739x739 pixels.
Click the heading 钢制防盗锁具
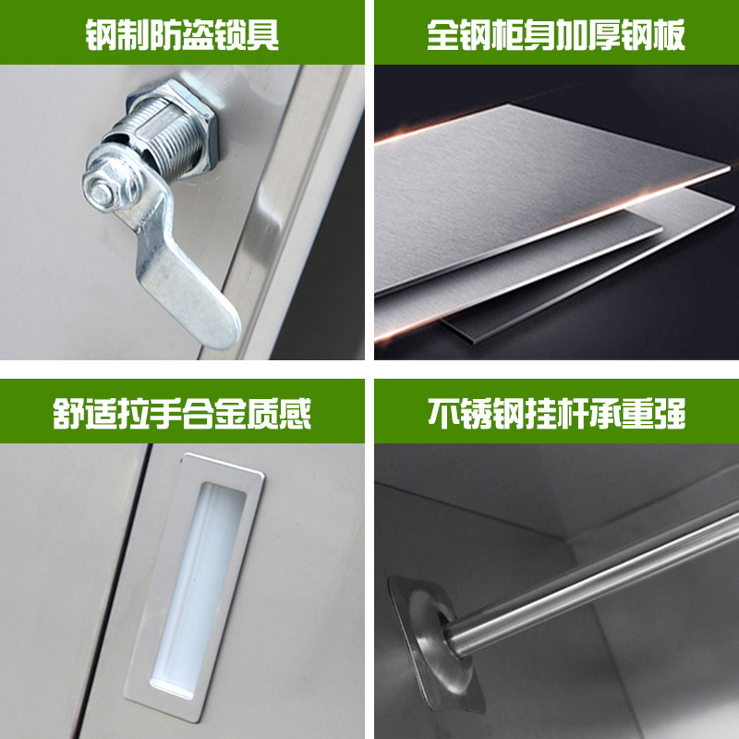[x=182, y=35]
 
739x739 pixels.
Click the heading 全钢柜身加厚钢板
[x=556, y=35]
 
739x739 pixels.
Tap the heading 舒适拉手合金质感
[x=182, y=414]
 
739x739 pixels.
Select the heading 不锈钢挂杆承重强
[x=556, y=414]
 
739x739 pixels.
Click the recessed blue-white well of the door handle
[x=199, y=588]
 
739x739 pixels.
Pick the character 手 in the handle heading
[x=166, y=414]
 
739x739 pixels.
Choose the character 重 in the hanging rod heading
[x=637, y=414]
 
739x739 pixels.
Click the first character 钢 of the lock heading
[x=101, y=35]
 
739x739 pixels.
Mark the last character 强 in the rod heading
[x=670, y=414]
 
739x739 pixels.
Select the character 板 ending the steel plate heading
[x=670, y=35]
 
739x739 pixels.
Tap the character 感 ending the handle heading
[x=296, y=414]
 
